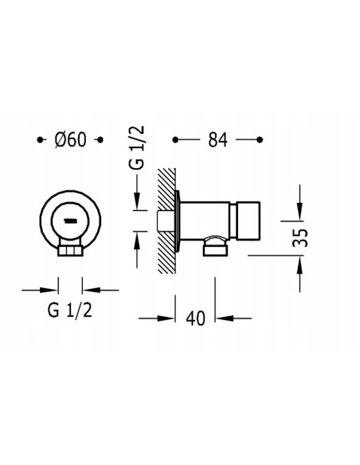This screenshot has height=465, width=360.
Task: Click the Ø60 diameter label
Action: click(x=71, y=139)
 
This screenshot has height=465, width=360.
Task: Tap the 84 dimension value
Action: click(x=217, y=139)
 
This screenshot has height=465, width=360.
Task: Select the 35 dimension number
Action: click(x=300, y=237)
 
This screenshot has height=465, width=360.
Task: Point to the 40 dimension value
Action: click(x=195, y=318)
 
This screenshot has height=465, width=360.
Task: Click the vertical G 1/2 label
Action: click(x=137, y=147)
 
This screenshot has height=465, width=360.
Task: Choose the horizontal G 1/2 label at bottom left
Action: click(x=70, y=311)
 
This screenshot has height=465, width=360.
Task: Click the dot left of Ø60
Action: click(x=40, y=139)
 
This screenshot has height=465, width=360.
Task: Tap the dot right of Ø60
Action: click(x=100, y=139)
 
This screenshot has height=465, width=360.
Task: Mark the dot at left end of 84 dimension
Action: click(x=175, y=139)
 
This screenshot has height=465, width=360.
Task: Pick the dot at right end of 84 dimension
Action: click(x=260, y=139)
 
